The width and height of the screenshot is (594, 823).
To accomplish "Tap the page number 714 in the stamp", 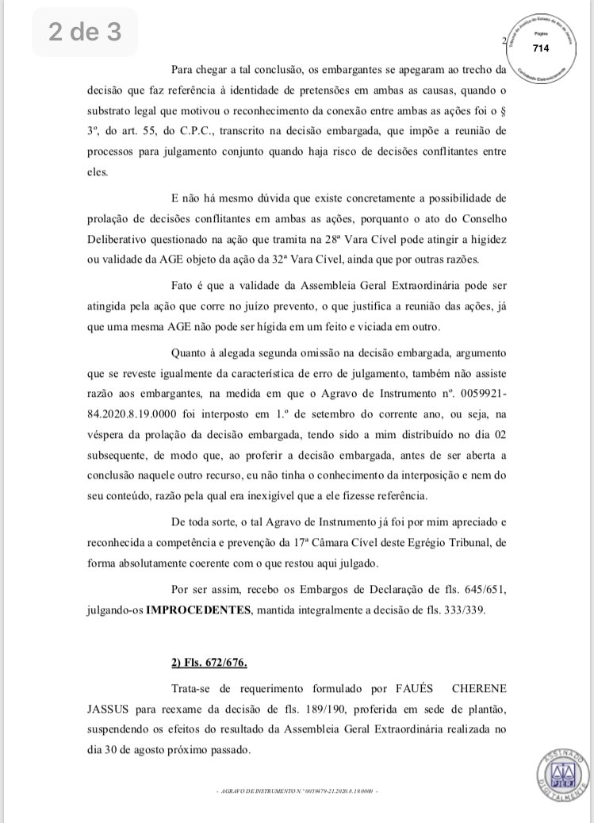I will pyautogui.click(x=541, y=48).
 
